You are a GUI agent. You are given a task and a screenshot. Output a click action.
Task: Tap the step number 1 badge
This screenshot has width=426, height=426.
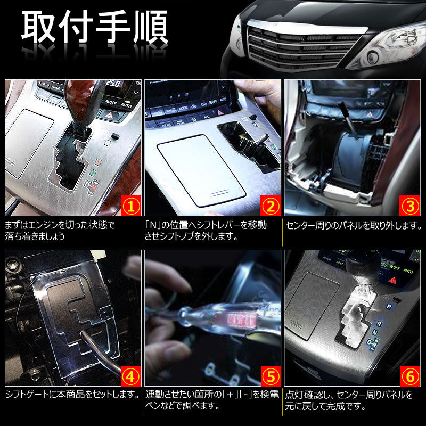pyautogui.click(x=130, y=205)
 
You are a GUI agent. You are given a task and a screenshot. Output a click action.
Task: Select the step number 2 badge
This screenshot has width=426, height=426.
pyautogui.click(x=270, y=205)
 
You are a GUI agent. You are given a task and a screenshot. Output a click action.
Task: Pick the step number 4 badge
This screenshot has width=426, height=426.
pyautogui.click(x=130, y=376)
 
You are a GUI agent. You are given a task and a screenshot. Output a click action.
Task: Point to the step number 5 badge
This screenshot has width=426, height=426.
pyautogui.click(x=270, y=376)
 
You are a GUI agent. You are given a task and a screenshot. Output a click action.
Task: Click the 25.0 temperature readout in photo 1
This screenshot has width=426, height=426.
pyautogui.click(x=112, y=85)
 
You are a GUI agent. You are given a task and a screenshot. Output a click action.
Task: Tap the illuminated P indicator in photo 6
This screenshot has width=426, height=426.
pyautogui.click(x=389, y=307)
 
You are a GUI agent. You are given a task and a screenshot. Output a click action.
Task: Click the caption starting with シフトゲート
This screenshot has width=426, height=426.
pyautogui.click(x=72, y=395)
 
